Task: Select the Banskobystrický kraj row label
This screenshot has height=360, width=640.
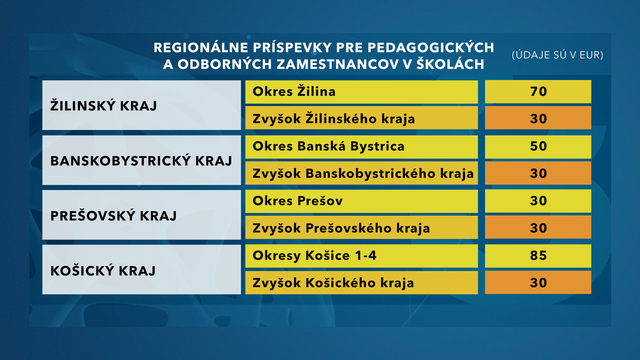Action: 137,160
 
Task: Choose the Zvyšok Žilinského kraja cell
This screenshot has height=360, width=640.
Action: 360,120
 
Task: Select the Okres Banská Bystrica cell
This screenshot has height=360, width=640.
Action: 360,147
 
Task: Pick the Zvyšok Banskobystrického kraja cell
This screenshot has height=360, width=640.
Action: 360,174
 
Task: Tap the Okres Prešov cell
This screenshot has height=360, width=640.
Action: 360,201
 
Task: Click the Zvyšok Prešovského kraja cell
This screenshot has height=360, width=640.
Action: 360,228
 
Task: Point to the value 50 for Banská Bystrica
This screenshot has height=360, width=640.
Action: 538,147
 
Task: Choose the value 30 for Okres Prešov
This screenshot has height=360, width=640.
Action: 538,201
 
